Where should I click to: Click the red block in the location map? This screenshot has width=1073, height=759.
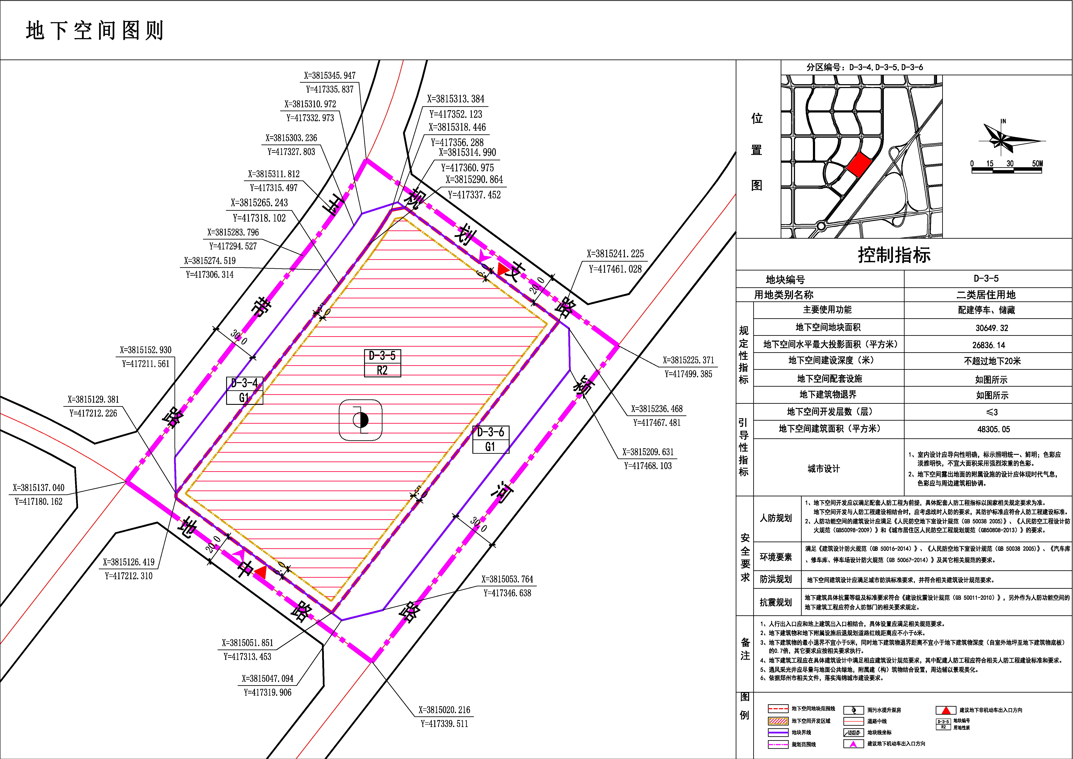pos(859,165)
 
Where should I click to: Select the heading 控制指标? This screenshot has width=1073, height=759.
pos(894,255)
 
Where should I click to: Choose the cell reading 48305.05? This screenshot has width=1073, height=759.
pos(994,429)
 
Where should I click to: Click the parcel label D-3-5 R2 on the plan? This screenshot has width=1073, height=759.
pos(382,363)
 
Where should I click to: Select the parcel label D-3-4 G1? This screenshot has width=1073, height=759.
pos(245,391)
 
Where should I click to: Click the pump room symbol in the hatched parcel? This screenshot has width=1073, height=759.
pos(360,420)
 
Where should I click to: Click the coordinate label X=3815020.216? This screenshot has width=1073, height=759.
pos(445,709)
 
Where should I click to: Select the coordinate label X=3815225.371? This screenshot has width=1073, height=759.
pos(688,360)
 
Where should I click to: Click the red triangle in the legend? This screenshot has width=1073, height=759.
pos(946,710)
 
